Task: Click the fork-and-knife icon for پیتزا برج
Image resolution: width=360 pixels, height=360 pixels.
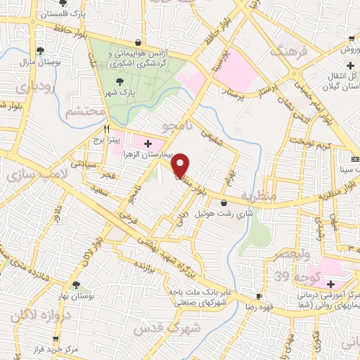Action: (x=106, y=129)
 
